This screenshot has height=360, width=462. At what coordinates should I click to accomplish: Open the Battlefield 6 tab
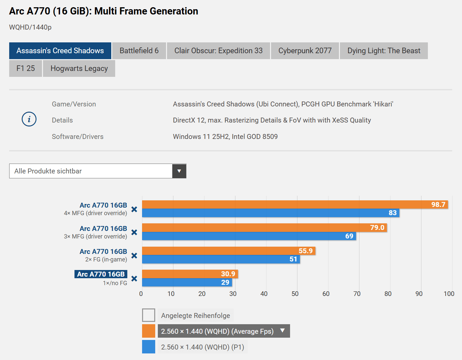click(x=139, y=51)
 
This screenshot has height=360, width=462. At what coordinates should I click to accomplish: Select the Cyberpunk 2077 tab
click(x=305, y=51)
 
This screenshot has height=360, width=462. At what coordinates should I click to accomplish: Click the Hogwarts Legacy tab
click(x=79, y=68)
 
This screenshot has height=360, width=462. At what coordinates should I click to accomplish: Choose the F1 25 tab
click(x=26, y=68)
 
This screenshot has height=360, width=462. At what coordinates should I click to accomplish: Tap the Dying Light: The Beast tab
click(x=384, y=51)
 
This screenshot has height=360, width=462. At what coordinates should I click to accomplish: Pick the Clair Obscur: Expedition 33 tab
click(x=218, y=51)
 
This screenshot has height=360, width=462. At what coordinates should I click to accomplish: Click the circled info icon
click(x=29, y=119)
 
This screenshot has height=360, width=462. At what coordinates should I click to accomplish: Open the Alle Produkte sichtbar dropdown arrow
click(x=179, y=171)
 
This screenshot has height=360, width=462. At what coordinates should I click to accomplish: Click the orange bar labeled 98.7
click(x=295, y=204)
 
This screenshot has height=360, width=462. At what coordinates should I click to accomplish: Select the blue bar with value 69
click(x=249, y=236)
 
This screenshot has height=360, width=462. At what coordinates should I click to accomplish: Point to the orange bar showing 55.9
click(x=229, y=251)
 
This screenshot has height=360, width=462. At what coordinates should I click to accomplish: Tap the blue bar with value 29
click(x=187, y=282)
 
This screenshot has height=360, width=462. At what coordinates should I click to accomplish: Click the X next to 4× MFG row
click(x=134, y=209)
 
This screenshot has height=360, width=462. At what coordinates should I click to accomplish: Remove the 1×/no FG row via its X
click(x=134, y=279)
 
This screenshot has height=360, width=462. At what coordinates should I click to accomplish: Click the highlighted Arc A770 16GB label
click(x=101, y=274)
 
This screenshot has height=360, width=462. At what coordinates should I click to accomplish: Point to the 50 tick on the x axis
click(x=295, y=294)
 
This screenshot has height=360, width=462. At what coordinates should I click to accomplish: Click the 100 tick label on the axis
click(x=449, y=294)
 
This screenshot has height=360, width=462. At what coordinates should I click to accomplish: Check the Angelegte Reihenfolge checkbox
click(x=149, y=315)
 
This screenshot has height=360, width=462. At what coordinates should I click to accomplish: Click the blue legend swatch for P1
click(x=149, y=347)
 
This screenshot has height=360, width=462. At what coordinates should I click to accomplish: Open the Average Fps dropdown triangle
click(x=282, y=330)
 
